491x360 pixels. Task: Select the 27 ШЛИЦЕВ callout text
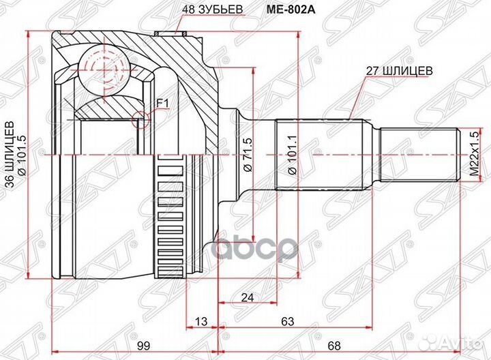pyautogui.click(x=399, y=70)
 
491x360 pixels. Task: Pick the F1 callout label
pyautogui.click(x=162, y=103)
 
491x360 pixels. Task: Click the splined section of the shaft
pyautogui.click(x=317, y=155)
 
